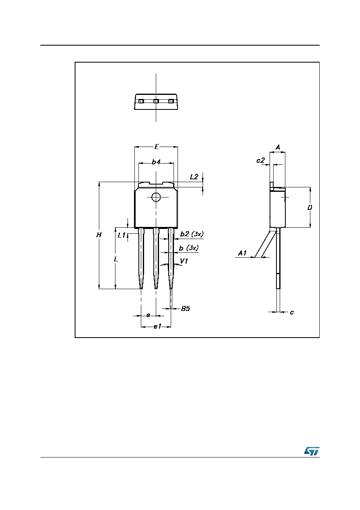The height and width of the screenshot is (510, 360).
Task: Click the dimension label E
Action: click(156, 147)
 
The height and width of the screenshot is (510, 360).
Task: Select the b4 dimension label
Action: click(156, 162)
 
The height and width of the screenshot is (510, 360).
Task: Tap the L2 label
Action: click(195, 177)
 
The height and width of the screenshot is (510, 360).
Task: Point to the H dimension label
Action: click(99, 235)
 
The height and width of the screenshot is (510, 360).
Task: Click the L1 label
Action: click(122, 235)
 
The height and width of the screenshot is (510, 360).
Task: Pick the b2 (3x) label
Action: click(192, 234)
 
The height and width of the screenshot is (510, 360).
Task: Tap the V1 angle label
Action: click(184, 261)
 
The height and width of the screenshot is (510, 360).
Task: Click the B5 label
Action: click(186, 309)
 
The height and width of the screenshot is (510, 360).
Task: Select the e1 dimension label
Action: click(157, 327)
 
